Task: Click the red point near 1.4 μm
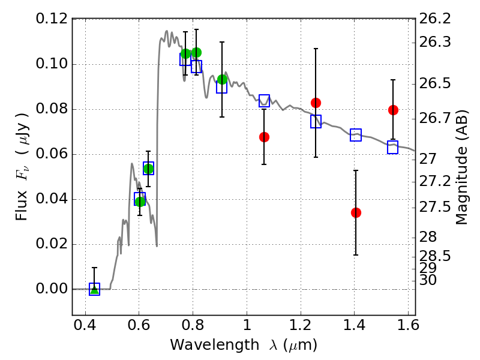[x=356, y=212]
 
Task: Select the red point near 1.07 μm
[x=264, y=137]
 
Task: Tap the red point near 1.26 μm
[x=316, y=103]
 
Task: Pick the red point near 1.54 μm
[x=393, y=110]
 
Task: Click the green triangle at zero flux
[x=94, y=289]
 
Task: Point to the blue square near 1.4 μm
[x=356, y=135]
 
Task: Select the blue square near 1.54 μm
[x=392, y=147]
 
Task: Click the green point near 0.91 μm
[x=222, y=79]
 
